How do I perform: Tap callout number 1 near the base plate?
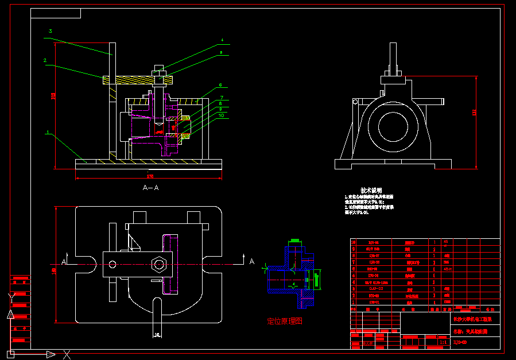coord(48,133)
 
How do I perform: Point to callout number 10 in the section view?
coord(221,115)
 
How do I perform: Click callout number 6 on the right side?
coord(220,85)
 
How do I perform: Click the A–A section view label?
coord(150,188)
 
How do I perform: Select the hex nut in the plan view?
coord(158,265)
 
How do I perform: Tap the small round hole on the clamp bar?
coord(112,265)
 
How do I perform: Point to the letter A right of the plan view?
coord(251,262)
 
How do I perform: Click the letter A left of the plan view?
coord(65,262)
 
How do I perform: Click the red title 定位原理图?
coord(285,321)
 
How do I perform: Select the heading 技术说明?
coord(371,190)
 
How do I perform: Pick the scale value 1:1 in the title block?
coord(443,343)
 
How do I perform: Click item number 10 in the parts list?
coord(354,242)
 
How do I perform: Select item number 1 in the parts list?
coord(354,301)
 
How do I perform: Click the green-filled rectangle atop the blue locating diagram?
coord(295,239)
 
